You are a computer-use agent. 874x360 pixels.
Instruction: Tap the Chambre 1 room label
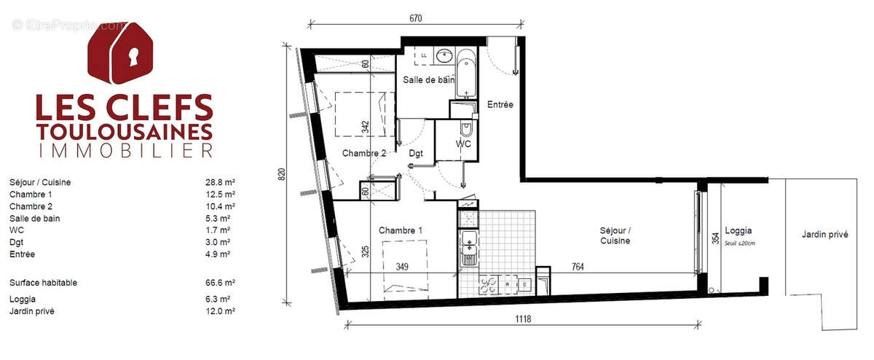tap(401, 230)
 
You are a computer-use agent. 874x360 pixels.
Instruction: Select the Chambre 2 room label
tap(364, 153)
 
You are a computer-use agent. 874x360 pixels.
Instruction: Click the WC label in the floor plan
tap(463, 144)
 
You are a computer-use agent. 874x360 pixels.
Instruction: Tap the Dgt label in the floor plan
tap(416, 153)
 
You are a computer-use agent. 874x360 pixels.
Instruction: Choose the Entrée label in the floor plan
tap(500, 105)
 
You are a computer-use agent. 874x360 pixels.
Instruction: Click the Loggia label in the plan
tap(739, 230)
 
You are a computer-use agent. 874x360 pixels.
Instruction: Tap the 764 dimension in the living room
tap(578, 267)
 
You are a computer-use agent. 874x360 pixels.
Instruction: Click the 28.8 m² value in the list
tap(220, 183)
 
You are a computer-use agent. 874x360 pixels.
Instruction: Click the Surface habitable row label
tap(43, 283)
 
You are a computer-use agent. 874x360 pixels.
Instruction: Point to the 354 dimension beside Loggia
tap(715, 238)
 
